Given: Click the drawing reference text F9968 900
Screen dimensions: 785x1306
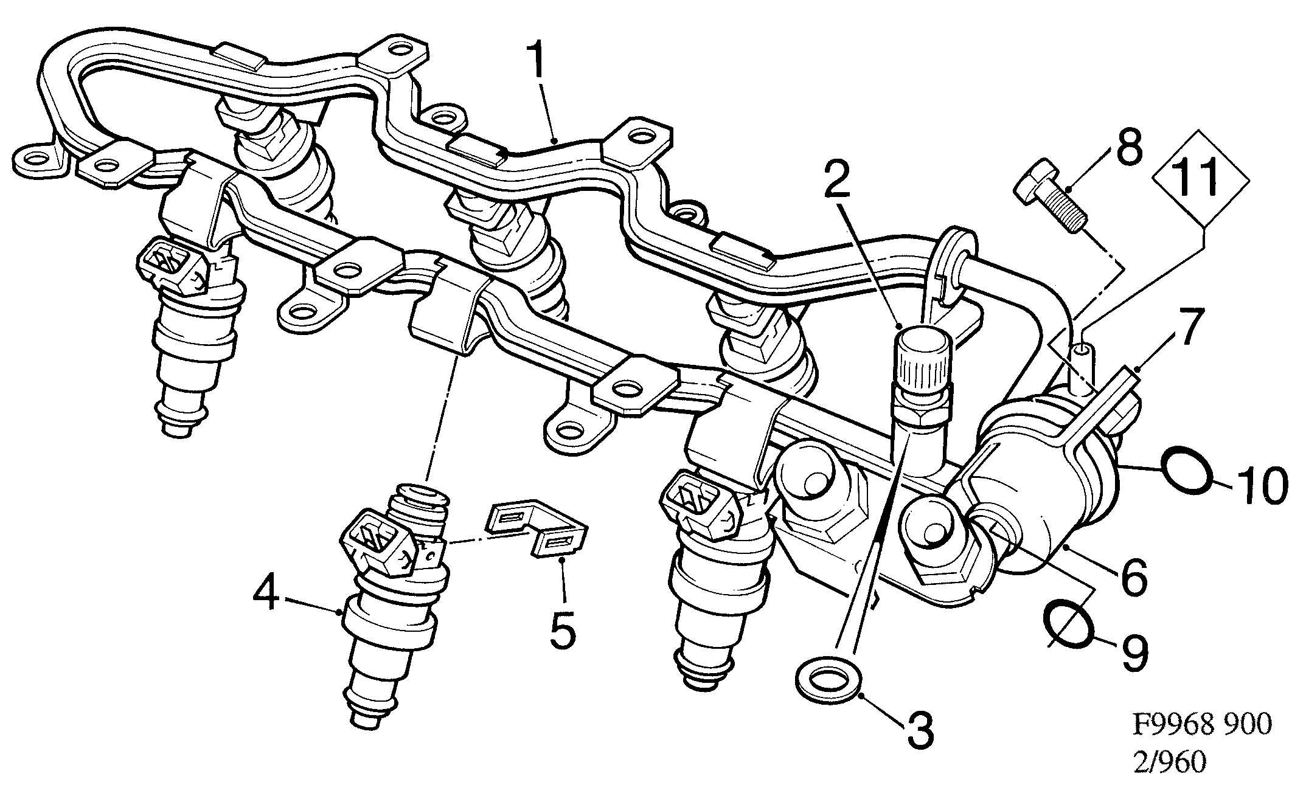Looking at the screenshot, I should pyautogui.click(x=1202, y=725).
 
